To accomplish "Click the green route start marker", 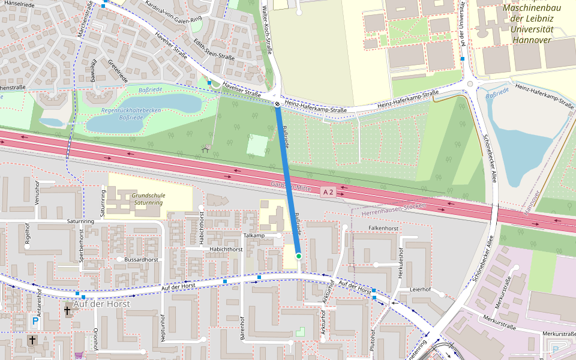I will pos(298,256).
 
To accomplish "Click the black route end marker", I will pos(278,104).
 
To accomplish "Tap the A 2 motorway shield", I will pos(327,192).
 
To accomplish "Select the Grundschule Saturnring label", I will pos(148,199).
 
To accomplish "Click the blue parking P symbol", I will pos(35,322).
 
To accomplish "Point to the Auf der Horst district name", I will pos(101,304).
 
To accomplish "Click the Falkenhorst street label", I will pos(383,229).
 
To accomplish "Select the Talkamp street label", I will pos(254,236).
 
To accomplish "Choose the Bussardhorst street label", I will pos(142,259).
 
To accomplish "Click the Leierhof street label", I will pos(420,289).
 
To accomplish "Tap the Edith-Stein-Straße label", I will pos(214,49).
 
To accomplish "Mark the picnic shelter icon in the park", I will pos(206,148).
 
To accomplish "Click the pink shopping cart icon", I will pos(79,355).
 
